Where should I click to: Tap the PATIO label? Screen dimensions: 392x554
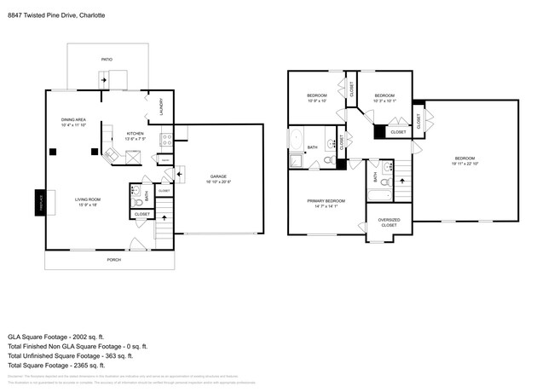coord(107,60)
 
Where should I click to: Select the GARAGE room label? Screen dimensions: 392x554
coord(218,176)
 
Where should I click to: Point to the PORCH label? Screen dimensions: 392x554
coord(113,259)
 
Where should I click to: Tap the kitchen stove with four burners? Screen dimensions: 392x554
coord(167,136)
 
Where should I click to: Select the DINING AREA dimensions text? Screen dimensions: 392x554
coord(75,125)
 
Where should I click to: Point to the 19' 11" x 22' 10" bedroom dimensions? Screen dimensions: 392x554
coord(464,163)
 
